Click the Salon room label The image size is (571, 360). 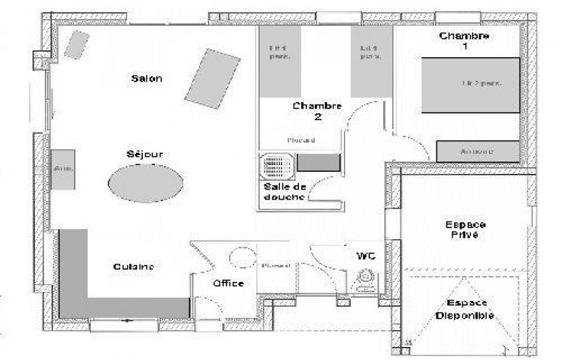pyautogui.click(x=146, y=79)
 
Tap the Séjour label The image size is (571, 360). pyautogui.click(x=145, y=154)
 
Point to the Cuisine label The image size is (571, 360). pyautogui.click(x=133, y=267)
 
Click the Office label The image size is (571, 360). pyautogui.click(x=228, y=283)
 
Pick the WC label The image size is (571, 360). pyautogui.click(x=366, y=256)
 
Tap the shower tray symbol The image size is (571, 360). pyautogui.click(x=277, y=164)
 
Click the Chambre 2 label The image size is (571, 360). pyautogui.click(x=317, y=111)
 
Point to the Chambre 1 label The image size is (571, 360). pyautogui.click(x=464, y=41)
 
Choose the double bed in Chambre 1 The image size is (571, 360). pyautogui.click(x=470, y=85)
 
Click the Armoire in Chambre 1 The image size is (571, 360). pyautogui.click(x=477, y=151)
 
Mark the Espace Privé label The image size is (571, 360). pyautogui.click(x=465, y=229)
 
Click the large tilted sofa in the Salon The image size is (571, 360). pyautogui.click(x=213, y=77)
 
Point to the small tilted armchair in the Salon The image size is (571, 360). pyautogui.click(x=76, y=44)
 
